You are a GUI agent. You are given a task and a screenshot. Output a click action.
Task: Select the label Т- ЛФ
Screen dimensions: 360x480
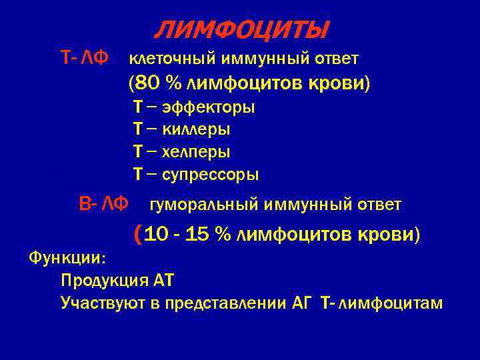tap(84, 59)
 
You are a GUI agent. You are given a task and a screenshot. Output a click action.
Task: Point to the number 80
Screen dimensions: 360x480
tap(147, 84)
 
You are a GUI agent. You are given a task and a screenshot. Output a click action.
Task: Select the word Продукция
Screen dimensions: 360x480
tap(97, 280)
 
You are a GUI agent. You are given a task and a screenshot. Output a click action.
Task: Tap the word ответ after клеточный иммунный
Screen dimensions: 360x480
tap(337, 59)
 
